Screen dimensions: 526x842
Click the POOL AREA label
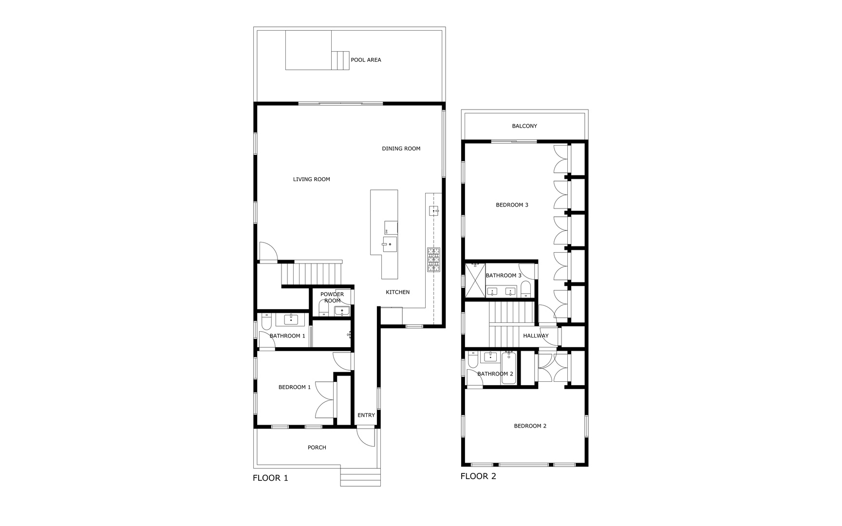pyautogui.click(x=366, y=60)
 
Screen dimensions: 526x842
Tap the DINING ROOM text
pyautogui.click(x=401, y=149)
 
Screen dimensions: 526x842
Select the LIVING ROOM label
pyautogui.click(x=311, y=179)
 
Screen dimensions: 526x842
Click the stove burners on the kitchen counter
pyautogui.click(x=433, y=260)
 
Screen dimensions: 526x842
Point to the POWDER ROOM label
pyautogui.click(x=332, y=297)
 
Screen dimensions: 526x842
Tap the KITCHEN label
pyautogui.click(x=397, y=292)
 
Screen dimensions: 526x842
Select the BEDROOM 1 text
pyautogui.click(x=294, y=387)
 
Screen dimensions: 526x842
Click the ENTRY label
pyautogui.click(x=366, y=415)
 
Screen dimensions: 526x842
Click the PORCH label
pyautogui.click(x=317, y=447)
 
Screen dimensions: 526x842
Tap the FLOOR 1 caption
pyautogui.click(x=270, y=478)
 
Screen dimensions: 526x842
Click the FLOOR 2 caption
pyautogui.click(x=478, y=476)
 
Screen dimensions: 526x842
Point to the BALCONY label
pyautogui.click(x=524, y=126)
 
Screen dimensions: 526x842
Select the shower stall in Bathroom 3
pyautogui.click(x=475, y=280)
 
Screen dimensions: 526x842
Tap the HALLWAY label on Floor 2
pyautogui.click(x=536, y=336)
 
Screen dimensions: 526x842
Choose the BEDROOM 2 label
pyautogui.click(x=530, y=426)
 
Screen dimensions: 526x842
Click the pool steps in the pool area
pyautogui.click(x=340, y=60)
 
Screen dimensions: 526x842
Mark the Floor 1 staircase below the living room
pyautogui.click(x=312, y=274)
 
